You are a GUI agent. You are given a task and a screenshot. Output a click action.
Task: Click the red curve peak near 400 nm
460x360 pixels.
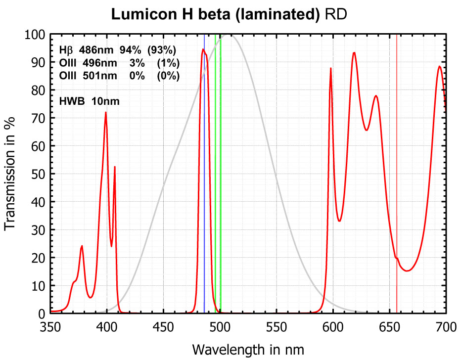coord(105,113)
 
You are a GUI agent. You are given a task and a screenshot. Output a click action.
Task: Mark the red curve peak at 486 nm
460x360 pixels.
coord(203,49)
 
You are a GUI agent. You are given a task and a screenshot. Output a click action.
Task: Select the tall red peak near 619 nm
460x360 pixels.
coord(354,52)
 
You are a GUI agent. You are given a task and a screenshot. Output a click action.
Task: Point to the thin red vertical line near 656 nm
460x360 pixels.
coord(397,148)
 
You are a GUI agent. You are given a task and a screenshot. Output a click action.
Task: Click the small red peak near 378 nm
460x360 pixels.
coord(82,246)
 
